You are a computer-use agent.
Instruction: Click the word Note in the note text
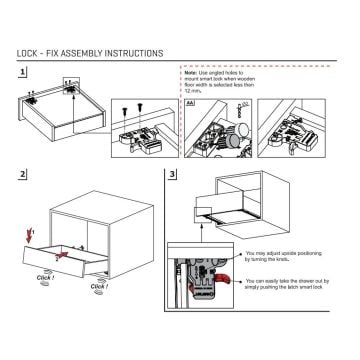(191, 88)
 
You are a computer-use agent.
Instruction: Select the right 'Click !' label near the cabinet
(100, 286)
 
